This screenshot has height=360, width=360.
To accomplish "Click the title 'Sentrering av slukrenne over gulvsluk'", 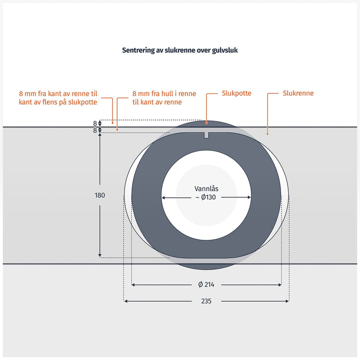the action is point(180,50).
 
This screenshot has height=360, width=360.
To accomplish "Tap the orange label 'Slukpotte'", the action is point(236,93).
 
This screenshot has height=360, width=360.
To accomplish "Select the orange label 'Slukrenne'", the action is point(298,93).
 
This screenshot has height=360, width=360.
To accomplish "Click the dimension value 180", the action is point(100,195).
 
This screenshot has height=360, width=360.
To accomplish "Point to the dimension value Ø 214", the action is point(206,285).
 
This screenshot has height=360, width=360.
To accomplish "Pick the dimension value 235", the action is point(206,301).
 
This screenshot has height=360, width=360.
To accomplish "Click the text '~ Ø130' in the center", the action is point(206,197).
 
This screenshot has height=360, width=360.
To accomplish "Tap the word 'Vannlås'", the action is point(206,189).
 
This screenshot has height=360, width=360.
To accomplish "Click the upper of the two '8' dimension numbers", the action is point(95,124).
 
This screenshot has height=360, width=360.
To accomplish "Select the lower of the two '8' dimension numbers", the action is point(95,130).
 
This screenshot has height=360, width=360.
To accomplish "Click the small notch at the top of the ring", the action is point(206,135).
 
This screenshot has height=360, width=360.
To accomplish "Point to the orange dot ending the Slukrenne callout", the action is point(268,134).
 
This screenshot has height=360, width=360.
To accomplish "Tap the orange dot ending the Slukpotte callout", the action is point(206,123).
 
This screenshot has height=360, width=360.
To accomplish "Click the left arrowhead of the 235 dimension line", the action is point(125,301).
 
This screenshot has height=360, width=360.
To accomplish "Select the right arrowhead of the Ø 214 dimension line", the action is point(280,285).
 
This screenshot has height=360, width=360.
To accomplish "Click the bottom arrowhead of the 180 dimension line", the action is point(100,256).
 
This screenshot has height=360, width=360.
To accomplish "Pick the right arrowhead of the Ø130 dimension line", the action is point(249,197).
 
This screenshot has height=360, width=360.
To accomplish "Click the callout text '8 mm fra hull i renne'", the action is point(164,94).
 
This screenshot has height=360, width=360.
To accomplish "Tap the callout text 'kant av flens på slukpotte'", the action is point(58,102).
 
